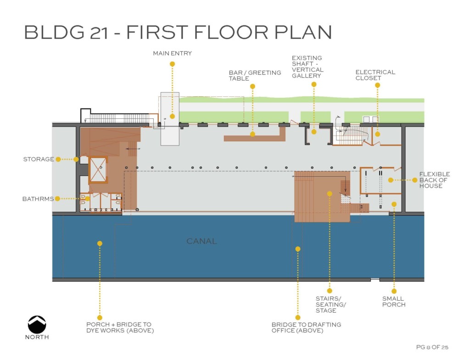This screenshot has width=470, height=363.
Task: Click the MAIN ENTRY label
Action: tap(173, 53)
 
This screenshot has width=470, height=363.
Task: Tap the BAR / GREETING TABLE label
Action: tap(255, 76)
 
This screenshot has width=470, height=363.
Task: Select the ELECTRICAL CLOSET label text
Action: tap(375, 75)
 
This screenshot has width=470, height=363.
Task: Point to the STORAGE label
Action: tap(39, 159)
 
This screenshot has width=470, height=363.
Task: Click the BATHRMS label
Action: tap(38, 199)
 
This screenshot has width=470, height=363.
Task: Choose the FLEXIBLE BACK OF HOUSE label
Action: tap(434, 180)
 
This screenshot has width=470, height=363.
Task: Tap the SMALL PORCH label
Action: tap(393, 302)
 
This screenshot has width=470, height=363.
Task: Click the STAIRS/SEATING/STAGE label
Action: tap(330, 305)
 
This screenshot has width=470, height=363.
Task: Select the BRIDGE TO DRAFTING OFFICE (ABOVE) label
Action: tap(306, 328)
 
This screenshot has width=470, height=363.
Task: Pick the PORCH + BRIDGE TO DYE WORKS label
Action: tap(120, 327)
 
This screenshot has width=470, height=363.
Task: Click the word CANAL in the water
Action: tap(201, 241)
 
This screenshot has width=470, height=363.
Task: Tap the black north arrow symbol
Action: tap(37, 324)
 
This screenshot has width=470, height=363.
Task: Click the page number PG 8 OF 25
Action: tap(432, 347)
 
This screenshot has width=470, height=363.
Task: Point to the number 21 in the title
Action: tap(99, 33)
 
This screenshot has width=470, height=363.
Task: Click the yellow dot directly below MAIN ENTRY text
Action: tap(173, 64)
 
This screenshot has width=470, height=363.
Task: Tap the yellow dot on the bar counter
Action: tap(253, 134)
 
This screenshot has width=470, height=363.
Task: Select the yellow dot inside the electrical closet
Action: tap(378, 134)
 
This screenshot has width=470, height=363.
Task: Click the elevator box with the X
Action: tap(98, 170)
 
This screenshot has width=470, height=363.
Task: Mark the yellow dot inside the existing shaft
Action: tap(314, 132)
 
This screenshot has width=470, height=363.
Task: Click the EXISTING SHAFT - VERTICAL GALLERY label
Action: tap(308, 67)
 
